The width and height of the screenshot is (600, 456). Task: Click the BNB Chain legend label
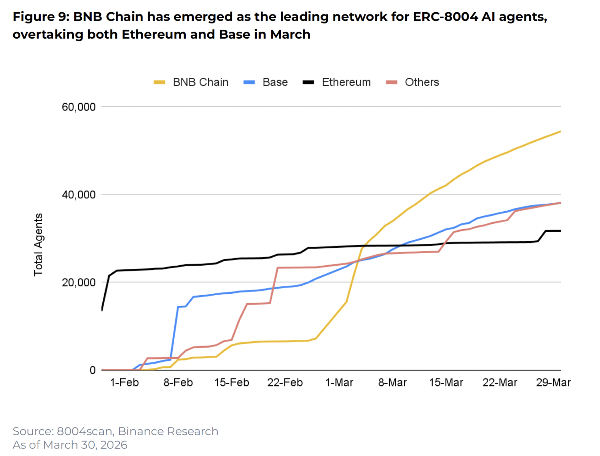[x=201, y=82]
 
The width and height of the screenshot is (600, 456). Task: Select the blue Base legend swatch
[x=249, y=82]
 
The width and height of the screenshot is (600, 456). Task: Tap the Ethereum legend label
[x=346, y=82]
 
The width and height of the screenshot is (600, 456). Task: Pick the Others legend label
[x=422, y=82]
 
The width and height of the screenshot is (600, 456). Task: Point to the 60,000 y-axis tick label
[x=79, y=107]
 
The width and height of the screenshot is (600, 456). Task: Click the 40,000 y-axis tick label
[x=79, y=195]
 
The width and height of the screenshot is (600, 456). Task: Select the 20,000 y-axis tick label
[x=79, y=282]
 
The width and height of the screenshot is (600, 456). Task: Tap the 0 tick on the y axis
[x=92, y=370]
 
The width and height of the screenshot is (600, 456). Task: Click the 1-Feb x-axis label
[x=124, y=382]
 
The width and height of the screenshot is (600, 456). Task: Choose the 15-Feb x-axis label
[x=232, y=382]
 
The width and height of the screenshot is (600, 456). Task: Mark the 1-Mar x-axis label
[x=339, y=382]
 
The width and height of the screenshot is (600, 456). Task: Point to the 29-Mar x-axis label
[x=553, y=382]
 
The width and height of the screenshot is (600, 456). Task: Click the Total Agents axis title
[x=38, y=244]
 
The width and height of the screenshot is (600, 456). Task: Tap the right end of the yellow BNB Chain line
[x=560, y=131]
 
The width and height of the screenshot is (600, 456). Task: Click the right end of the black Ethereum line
[x=560, y=231]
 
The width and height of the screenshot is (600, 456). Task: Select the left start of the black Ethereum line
[x=102, y=310]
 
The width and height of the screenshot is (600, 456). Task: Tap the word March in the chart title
[x=290, y=35]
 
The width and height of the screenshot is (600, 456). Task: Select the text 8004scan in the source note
[x=84, y=431]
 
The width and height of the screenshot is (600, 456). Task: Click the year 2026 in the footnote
[x=114, y=445]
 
